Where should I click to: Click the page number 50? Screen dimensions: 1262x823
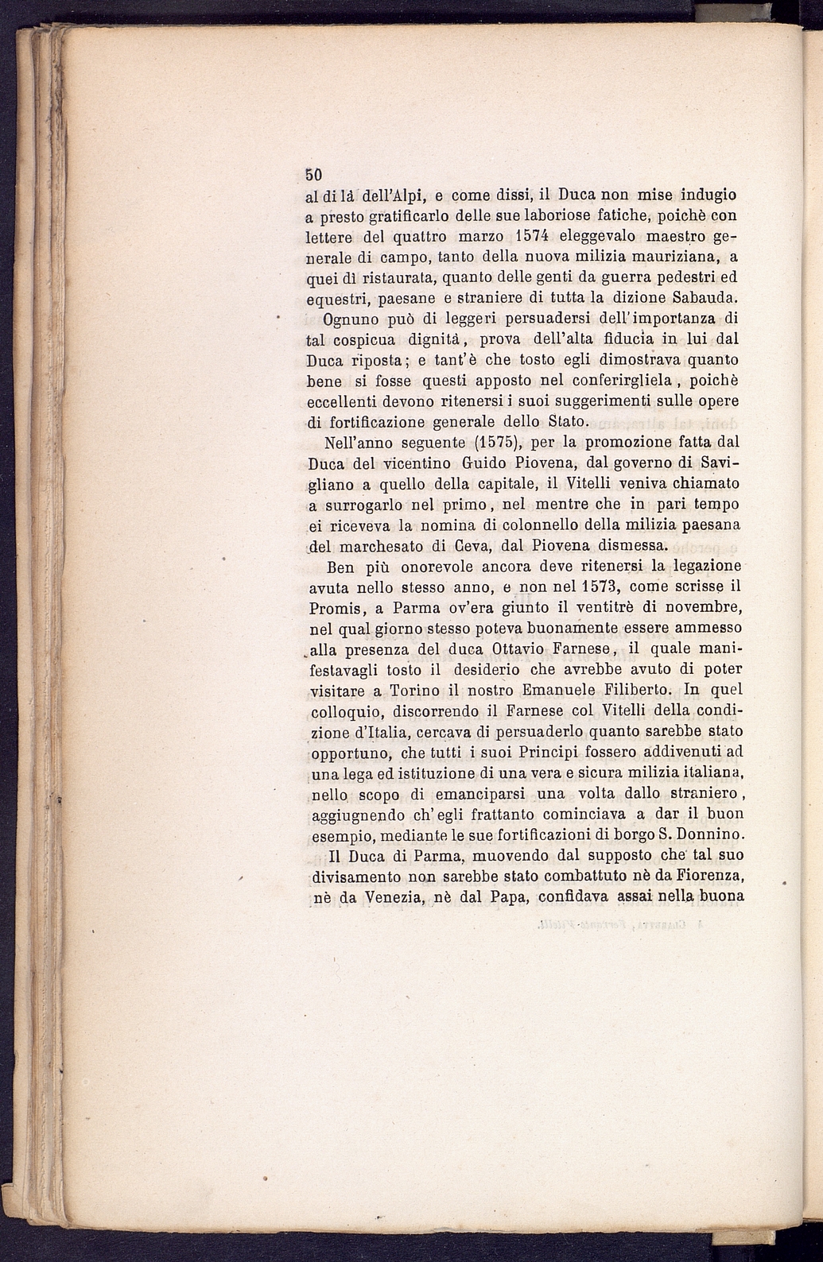[313, 175]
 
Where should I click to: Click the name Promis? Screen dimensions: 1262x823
[336, 608]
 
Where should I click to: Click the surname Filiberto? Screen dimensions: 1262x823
[639, 691]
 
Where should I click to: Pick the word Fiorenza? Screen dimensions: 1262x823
[710, 877]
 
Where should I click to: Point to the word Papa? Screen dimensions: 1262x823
[506, 897]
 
